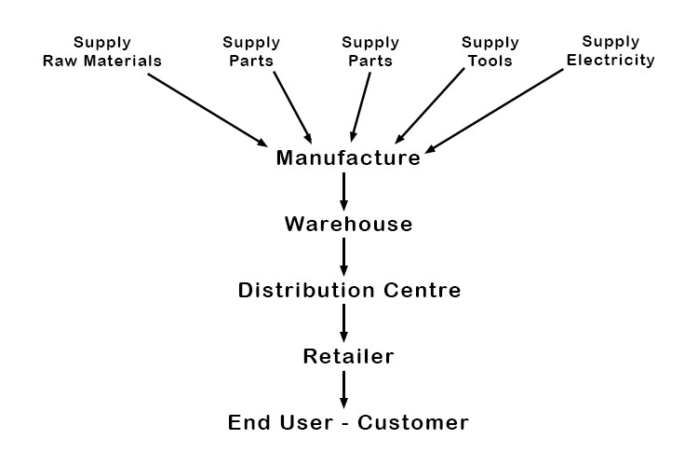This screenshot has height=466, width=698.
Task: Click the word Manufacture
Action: [x=348, y=158]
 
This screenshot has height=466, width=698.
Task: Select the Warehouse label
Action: [x=348, y=224]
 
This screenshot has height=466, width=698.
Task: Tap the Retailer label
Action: [x=348, y=356]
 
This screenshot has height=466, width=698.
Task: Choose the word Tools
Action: [x=490, y=61]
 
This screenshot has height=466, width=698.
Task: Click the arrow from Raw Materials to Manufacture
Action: [x=208, y=110]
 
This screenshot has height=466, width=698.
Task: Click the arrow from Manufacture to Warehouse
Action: [x=344, y=191]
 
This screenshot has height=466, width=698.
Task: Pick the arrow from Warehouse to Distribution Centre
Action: [x=344, y=256]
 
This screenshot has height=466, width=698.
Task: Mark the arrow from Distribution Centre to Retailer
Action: [x=344, y=322]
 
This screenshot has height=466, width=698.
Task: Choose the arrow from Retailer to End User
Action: [x=344, y=389]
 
